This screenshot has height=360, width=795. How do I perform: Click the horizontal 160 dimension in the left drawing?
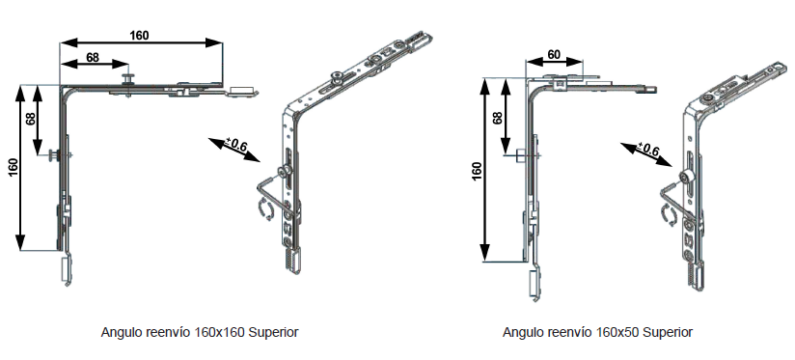point(139,36)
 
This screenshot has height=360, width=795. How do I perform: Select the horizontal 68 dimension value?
point(93,57)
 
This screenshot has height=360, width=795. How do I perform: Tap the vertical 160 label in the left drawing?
point(14,167)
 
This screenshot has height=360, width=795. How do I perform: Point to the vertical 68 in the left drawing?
point(31,119)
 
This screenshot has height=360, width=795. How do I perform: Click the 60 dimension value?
point(554,54)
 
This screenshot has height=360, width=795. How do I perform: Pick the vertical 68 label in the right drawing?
point(498,118)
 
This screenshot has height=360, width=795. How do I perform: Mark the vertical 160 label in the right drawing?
point(477,173)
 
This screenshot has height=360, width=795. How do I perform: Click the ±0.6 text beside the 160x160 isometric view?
point(237,145)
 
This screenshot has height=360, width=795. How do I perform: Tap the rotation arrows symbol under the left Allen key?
point(264,209)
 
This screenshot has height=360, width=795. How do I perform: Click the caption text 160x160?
point(220,333)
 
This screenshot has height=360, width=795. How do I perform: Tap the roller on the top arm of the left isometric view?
point(336,76)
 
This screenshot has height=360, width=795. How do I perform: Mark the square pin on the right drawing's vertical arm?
point(519,154)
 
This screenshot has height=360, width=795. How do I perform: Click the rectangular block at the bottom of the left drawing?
point(66,268)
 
